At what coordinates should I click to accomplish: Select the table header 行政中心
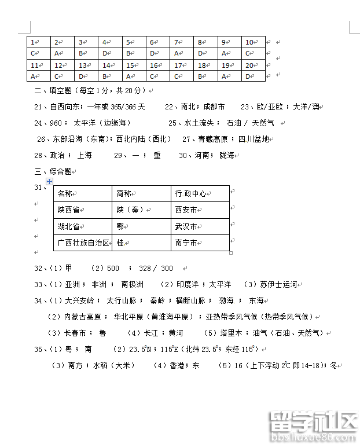coord(191,193)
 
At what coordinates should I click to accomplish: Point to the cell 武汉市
coord(186,226)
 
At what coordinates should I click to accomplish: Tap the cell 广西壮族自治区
coord(83,243)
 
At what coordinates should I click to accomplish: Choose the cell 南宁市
coord(186,243)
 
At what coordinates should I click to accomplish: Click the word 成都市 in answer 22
coord(214,107)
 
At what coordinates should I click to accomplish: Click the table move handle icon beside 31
coord(49,182)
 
